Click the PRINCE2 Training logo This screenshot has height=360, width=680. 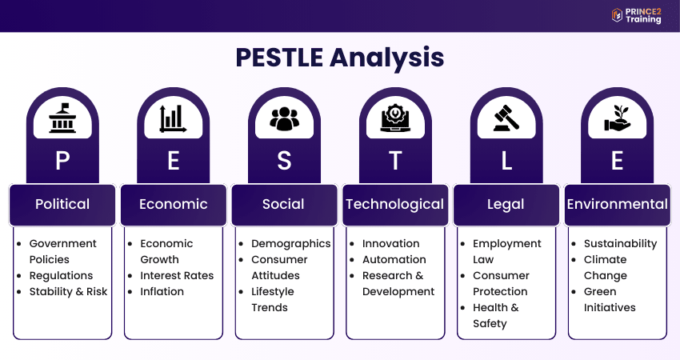tap(637, 16)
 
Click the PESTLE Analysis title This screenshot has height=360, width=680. tap(340, 58)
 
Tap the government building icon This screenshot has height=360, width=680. tap(62, 118)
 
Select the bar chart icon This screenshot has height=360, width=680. tap(173, 118)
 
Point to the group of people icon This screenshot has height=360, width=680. tap(285, 118)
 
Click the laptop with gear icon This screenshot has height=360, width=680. tap(395, 118)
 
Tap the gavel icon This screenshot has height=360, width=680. tap(506, 118)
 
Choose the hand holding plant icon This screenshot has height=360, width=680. tap(617, 118)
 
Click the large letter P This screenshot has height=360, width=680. tap(62, 161)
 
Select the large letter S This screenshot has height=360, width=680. tap(284, 161)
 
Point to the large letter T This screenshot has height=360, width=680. tap(395, 161)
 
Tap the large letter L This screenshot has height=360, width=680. tap(506, 161)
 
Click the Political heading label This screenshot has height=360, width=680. tap(62, 204)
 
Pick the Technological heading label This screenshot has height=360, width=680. tap(394, 204)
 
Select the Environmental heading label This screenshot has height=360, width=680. tap(617, 204)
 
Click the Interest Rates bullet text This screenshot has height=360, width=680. tap(177, 275)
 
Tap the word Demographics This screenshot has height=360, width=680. tap(291, 244)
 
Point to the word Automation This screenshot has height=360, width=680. tap(394, 259)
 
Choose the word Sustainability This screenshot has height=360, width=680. tap(620, 244)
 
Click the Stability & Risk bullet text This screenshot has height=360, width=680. tap(68, 291)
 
